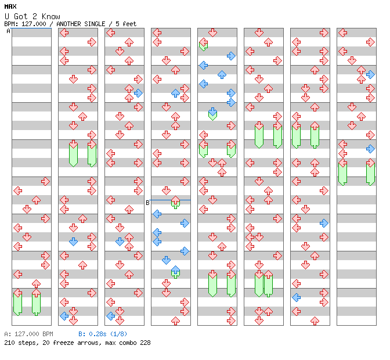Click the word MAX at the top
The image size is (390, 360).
coord(10,6)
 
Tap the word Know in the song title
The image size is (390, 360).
coord(50,16)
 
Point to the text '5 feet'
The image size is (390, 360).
coord(126,24)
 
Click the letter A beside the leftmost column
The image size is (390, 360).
coord(8,31)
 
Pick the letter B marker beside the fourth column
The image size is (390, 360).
coord(147,203)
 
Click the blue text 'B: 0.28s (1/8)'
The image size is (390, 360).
coord(103,334)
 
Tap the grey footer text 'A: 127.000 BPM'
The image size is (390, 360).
coord(28,334)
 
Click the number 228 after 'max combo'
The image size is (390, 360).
coord(145,343)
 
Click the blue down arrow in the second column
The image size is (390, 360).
coord(73,242)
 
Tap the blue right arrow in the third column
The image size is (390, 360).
coord(138,93)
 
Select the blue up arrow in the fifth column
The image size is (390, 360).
coord(222,75)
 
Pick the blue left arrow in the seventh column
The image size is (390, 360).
coord(296,297)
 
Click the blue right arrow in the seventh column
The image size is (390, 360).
coord(324,223)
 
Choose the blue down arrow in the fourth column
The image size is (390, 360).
coord(166,261)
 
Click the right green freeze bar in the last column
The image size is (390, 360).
coord(370,174)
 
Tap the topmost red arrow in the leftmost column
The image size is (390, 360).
coord(45,181)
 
